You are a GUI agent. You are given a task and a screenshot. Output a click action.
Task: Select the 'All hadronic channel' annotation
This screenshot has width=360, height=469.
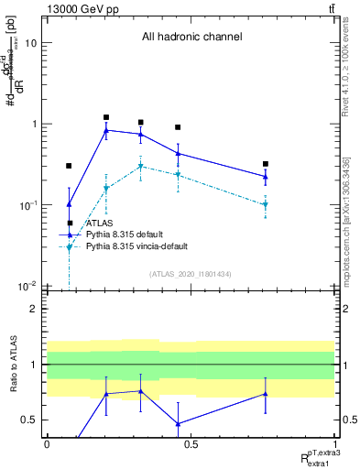pyautogui.click(x=191, y=38)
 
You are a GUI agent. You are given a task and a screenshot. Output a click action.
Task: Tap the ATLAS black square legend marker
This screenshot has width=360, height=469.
pyautogui.click(x=70, y=223)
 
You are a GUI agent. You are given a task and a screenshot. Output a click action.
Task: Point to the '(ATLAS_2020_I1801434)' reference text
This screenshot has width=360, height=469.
pyautogui.click(x=191, y=274)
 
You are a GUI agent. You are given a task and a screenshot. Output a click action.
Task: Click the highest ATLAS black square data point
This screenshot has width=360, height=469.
pyautogui.click(x=106, y=117)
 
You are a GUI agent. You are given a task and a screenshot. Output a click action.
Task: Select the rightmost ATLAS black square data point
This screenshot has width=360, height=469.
pyautogui.click(x=265, y=164)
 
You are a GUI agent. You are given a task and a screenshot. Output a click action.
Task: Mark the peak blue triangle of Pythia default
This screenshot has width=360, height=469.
pyautogui.click(x=106, y=130)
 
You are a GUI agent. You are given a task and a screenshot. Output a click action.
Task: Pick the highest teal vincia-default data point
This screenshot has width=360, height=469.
pyautogui.click(x=140, y=166)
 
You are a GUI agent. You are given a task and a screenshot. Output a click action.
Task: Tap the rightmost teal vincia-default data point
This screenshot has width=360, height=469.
pyautogui.click(x=265, y=204)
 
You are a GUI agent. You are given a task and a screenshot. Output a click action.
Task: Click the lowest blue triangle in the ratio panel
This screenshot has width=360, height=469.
pyautogui.click(x=178, y=424)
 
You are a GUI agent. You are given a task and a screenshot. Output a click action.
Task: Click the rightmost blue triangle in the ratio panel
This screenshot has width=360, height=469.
pyautogui.click(x=265, y=394)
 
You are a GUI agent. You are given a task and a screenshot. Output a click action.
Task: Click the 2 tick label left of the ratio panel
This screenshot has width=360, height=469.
pyautogui.click(x=34, y=309)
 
